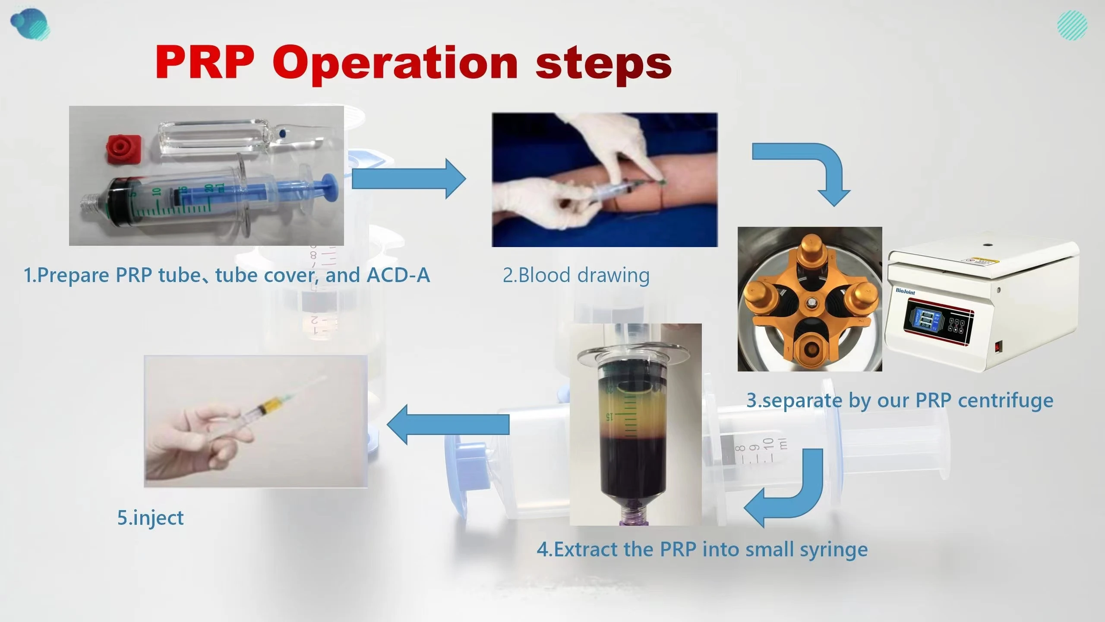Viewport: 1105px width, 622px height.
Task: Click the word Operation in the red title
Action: click(x=395, y=63)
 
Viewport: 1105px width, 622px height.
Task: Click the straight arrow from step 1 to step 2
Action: click(x=408, y=178)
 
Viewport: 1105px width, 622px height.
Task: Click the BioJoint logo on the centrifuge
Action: click(x=905, y=292)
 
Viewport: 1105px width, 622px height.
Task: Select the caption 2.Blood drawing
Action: click(x=576, y=275)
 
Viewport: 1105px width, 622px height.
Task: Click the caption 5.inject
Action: click(x=151, y=517)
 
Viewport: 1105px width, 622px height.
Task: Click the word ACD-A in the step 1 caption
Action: click(x=398, y=275)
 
